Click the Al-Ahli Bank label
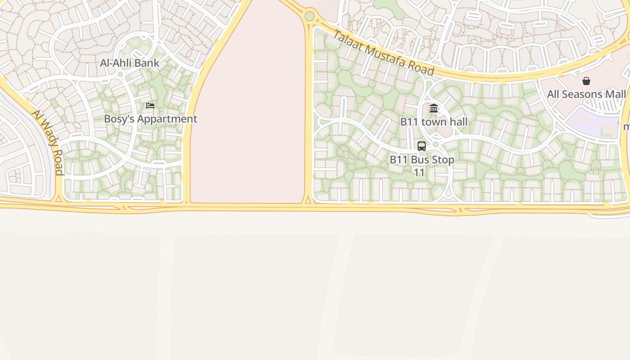coord(130,63)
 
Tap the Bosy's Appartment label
coord(150,119)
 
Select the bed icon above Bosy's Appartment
coord(150,106)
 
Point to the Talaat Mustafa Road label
coord(383,53)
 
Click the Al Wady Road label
coord(47,141)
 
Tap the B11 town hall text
coord(433,121)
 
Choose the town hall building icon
coord(434,108)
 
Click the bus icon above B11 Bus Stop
coord(422,146)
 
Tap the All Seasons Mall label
coord(586,94)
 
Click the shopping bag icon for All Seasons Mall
coord(586,81)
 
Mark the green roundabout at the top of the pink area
coord(310,16)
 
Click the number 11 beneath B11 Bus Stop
coord(419,172)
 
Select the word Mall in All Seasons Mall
coord(615,94)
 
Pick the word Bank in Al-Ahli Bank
coord(147,63)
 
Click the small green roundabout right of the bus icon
coord(436,145)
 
